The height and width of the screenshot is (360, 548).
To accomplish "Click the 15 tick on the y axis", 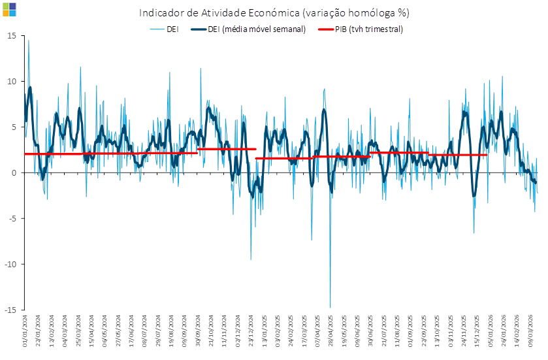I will (12, 35).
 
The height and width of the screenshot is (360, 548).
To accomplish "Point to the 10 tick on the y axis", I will (12, 81).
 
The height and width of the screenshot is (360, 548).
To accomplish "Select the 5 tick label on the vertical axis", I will (14, 127).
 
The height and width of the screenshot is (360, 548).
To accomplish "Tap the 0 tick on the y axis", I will (14, 172).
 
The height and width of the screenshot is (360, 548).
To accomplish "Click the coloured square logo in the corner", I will (9, 8).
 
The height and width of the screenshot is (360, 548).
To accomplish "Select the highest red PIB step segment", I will (227, 149).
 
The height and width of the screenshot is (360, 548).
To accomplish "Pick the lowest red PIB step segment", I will (284, 158).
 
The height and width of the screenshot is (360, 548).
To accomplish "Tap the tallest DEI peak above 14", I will (28, 41).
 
